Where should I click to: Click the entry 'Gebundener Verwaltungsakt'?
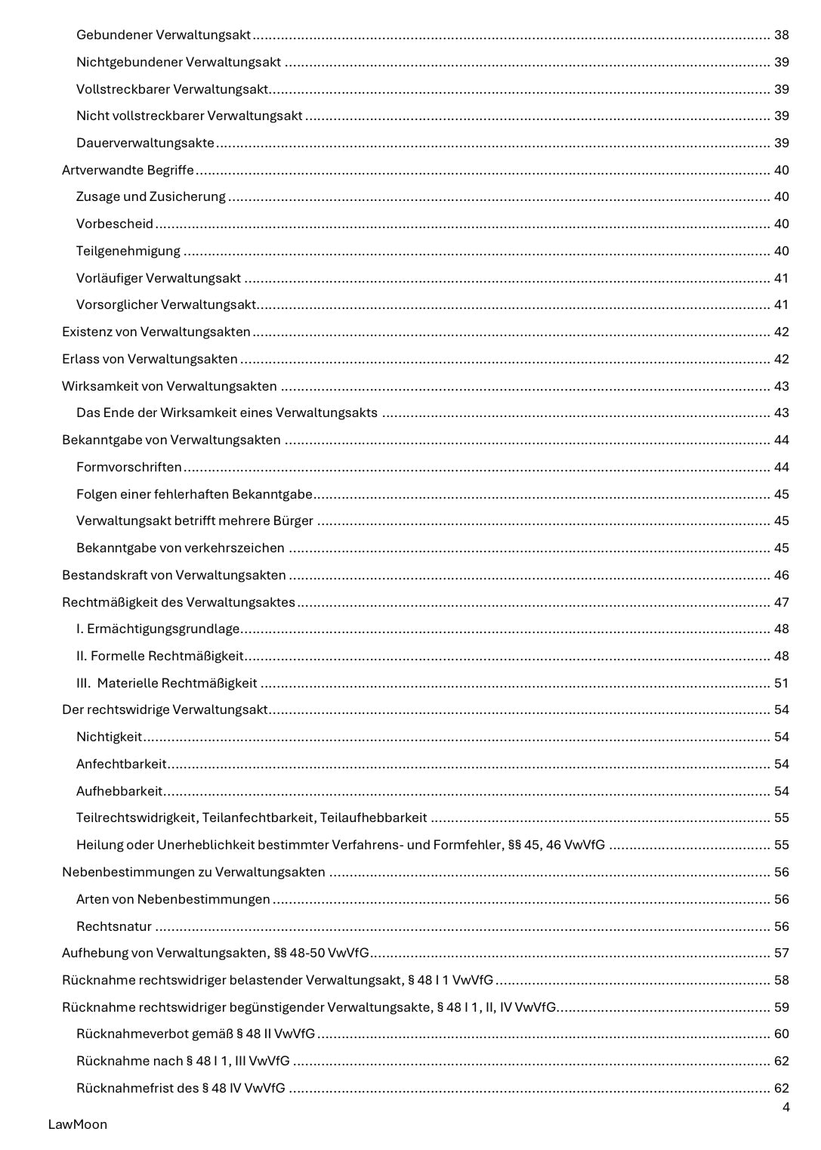163,35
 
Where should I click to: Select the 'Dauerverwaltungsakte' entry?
145,143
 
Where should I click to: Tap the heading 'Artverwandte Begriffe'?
128,170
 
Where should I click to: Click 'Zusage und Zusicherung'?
150,196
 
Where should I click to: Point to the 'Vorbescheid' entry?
114,224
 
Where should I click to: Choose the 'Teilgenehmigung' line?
128,251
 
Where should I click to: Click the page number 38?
781,35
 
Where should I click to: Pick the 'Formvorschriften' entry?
128,467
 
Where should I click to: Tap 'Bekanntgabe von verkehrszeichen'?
180,548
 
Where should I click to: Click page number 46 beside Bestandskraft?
781,575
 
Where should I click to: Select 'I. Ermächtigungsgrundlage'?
158,629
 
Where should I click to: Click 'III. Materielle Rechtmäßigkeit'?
166,683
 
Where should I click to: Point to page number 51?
781,683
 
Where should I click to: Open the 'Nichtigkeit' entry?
109,737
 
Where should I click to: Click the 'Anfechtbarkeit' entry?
121,764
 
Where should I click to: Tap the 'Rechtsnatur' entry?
113,926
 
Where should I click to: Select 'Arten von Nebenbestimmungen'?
173,899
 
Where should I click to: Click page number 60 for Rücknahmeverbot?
781,1034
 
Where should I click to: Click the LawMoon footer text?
77,1124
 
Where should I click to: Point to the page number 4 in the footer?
786,1108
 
